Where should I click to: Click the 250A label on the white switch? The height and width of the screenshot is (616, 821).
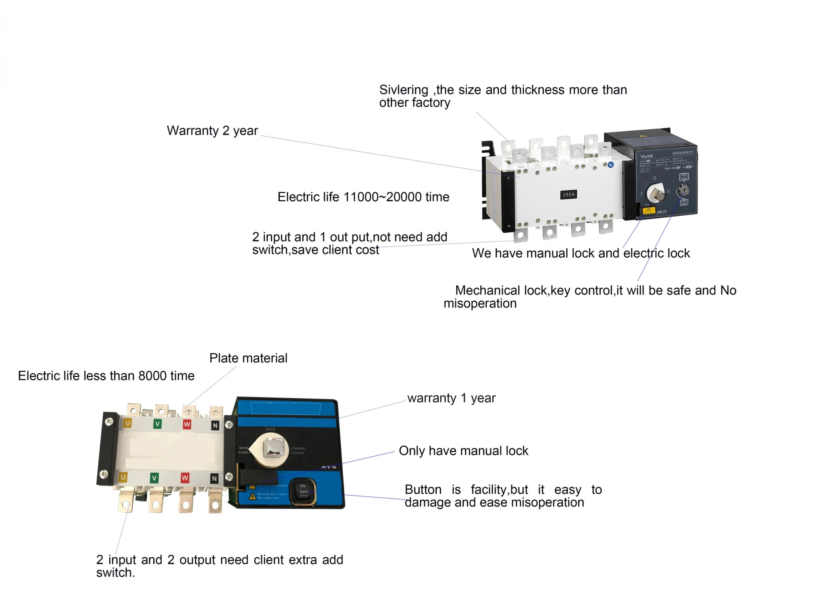568,195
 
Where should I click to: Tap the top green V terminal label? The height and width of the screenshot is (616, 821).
157,424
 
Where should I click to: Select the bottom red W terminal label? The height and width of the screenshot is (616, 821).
185,478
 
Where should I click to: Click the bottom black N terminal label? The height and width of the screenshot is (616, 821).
214,479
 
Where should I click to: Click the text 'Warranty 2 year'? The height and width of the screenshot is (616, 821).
212,131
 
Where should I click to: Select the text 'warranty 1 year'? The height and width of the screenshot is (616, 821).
451,398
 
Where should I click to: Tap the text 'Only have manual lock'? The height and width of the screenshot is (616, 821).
463,451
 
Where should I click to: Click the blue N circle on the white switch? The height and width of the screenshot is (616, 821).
611,164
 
